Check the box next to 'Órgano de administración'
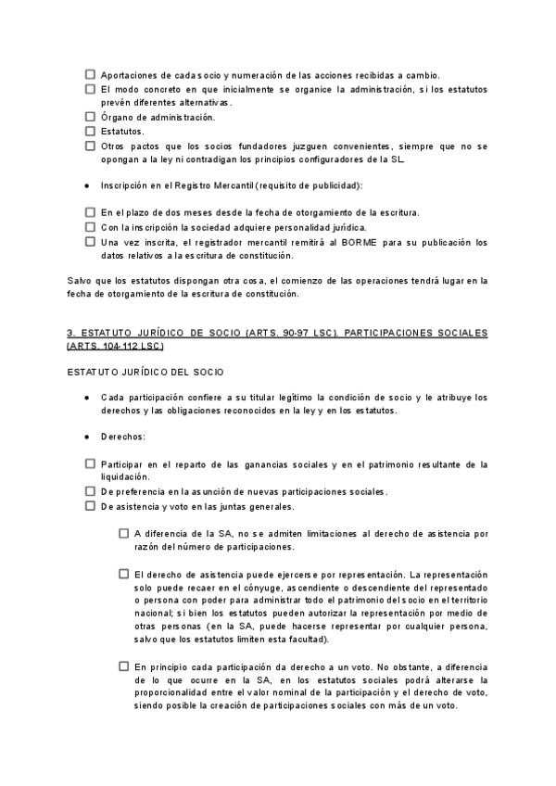(x=90, y=117)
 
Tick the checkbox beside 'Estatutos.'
(x=90, y=131)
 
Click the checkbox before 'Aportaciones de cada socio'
(x=90, y=74)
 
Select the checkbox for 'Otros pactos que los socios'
(x=90, y=146)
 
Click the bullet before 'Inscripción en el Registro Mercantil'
(x=86, y=185)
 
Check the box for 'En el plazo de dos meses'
(x=90, y=212)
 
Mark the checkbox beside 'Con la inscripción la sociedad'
(x=90, y=226)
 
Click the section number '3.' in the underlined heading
(x=70, y=332)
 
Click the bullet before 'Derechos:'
(x=86, y=435)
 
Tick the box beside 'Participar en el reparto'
(x=90, y=463)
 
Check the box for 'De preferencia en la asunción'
(x=90, y=491)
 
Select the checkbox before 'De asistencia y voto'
(x=90, y=506)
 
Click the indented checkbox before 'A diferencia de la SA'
(x=123, y=533)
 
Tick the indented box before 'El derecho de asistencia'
(x=123, y=574)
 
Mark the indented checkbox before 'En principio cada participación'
(x=123, y=666)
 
